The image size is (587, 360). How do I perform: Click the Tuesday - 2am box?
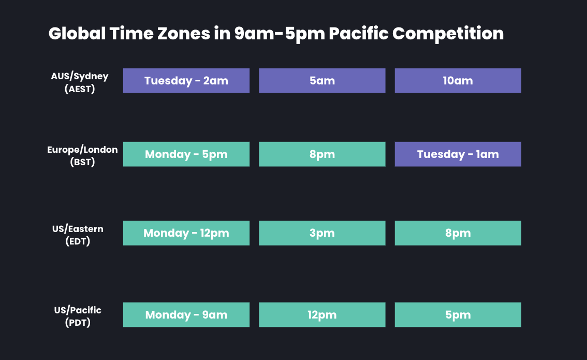(186, 81)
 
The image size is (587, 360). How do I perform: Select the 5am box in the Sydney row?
(322, 81)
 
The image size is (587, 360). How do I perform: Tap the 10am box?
(458, 81)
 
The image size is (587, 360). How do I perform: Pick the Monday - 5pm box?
(186, 154)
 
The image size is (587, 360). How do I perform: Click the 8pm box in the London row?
(322, 154)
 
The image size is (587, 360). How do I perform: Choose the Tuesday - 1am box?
(458, 154)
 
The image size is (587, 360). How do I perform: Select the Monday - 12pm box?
(186, 233)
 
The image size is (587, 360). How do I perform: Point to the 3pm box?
(322, 233)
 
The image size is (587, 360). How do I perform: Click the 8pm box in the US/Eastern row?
(458, 233)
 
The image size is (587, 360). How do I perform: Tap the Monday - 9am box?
(186, 315)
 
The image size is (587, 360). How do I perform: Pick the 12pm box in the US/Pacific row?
(322, 315)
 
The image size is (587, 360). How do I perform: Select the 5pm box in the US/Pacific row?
(458, 315)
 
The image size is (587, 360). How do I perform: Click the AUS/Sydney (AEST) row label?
(80, 82)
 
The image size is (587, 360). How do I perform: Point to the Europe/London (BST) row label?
(82, 155)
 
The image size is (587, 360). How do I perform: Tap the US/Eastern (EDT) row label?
(78, 234)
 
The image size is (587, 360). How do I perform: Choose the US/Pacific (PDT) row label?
(78, 316)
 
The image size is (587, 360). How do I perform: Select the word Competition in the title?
(448, 34)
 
